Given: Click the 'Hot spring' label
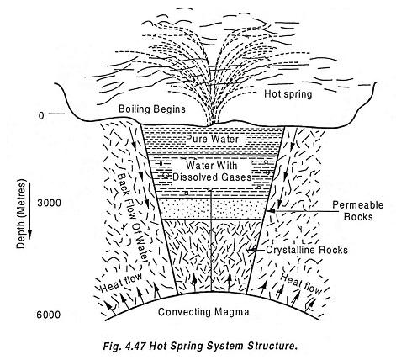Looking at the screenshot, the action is [x=288, y=94].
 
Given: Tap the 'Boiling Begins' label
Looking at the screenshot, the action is [x=152, y=109].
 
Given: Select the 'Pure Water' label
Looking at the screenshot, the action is [x=213, y=139].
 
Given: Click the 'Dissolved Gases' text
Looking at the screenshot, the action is [x=212, y=177].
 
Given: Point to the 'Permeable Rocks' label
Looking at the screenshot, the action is [x=358, y=210].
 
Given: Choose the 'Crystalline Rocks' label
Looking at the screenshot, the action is [x=307, y=250].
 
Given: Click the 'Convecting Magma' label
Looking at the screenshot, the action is [x=203, y=312].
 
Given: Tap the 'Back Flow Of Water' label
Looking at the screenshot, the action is [x=132, y=219].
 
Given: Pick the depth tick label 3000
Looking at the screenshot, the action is [x=49, y=203].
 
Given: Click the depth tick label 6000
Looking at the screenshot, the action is [x=49, y=315].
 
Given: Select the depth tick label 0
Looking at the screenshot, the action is [x=41, y=115].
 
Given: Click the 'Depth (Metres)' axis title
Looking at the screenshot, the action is [x=21, y=214].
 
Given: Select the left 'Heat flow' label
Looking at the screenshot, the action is [x=120, y=283].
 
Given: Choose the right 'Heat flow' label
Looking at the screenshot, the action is [x=301, y=283].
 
